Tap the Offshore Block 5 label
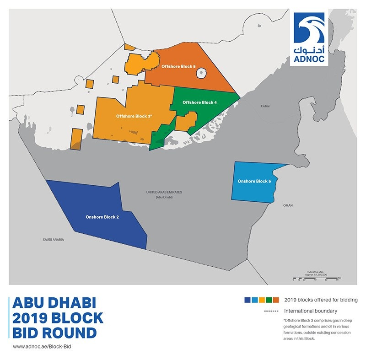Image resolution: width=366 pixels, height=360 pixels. coord(178,67)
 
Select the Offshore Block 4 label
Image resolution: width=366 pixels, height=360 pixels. coord(199,102)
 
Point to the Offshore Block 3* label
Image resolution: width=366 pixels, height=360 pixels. coord(134,117)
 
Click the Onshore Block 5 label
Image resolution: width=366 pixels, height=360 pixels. coord(254,182)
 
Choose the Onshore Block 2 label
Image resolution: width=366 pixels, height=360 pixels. coord(102,217)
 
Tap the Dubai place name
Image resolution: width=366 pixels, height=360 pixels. coord(265,106)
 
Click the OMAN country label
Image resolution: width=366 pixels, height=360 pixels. coord(288,206)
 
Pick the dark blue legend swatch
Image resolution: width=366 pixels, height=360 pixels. coord(248,300)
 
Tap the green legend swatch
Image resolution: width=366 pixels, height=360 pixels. coord(269,300)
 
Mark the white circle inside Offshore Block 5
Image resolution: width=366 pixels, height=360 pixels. coord(203,73)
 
